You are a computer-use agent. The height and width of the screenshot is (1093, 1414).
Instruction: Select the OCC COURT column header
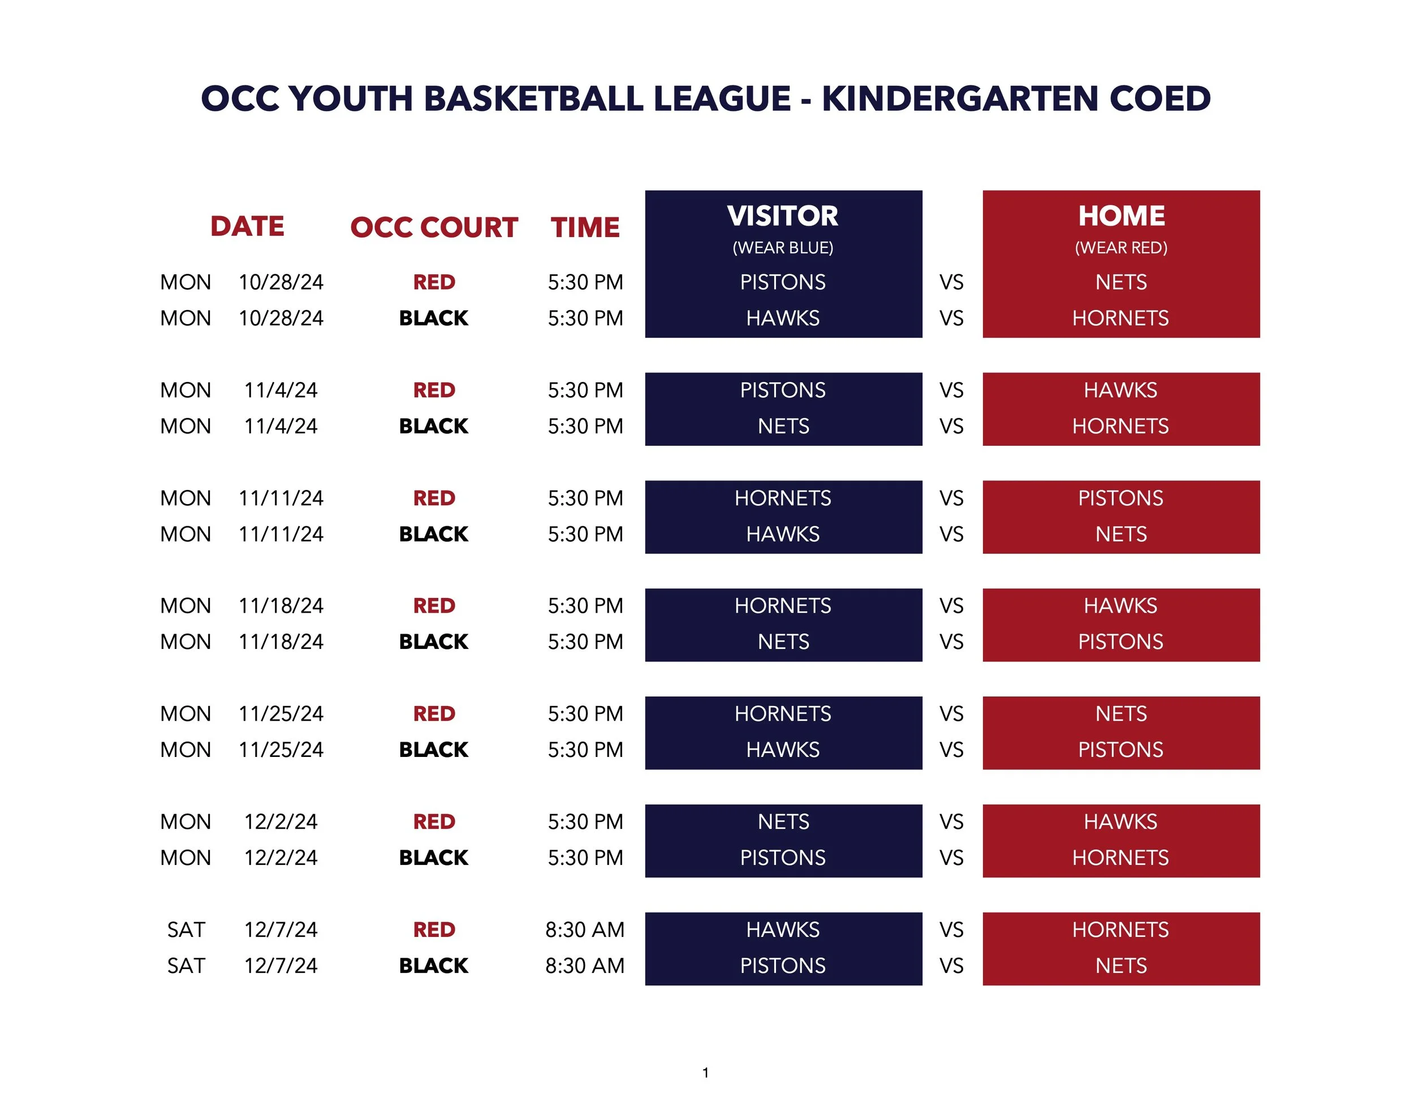(434, 227)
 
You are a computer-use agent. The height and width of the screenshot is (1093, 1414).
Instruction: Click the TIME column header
(585, 227)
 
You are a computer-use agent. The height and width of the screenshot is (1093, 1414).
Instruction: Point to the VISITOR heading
(782, 216)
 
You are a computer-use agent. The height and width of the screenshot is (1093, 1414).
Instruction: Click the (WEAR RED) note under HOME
(1120, 247)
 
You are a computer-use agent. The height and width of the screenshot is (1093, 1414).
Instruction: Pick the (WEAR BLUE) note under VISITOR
(782, 247)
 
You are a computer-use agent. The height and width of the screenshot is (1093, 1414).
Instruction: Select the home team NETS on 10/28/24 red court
(1120, 282)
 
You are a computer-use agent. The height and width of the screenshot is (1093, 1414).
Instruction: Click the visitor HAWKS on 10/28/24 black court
(782, 318)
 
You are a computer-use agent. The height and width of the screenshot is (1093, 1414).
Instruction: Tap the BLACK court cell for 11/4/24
(433, 426)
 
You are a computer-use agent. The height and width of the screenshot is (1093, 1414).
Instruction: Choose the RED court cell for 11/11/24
(434, 498)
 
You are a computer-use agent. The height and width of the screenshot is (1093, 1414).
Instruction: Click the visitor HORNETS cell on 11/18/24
(782, 605)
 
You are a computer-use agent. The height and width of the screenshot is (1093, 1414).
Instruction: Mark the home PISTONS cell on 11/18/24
(1120, 642)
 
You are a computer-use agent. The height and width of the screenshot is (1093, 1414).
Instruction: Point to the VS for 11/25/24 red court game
(951, 713)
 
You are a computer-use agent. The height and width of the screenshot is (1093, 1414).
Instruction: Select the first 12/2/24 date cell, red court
(281, 821)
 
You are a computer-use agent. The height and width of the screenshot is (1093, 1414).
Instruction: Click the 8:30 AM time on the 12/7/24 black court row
(585, 966)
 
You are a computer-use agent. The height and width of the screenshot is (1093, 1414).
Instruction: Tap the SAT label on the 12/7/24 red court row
(186, 930)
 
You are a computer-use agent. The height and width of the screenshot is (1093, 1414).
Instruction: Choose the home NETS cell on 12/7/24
(1120, 966)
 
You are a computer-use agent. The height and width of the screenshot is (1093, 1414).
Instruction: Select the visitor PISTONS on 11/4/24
(782, 390)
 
